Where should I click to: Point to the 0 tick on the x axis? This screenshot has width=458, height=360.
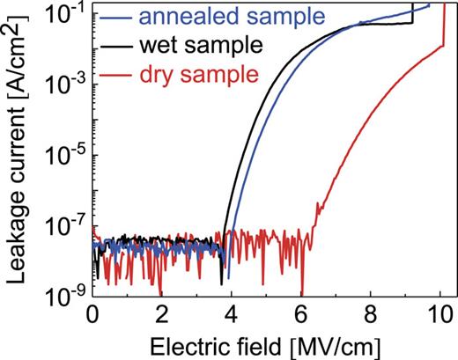click(92, 313)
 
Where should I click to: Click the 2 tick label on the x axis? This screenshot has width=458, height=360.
click(161, 313)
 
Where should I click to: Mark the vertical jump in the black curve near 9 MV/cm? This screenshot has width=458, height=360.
click(413, 15)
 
